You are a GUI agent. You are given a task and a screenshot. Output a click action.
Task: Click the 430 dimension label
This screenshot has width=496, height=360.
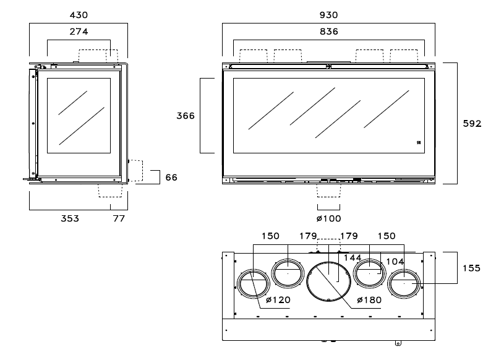coord(79,14)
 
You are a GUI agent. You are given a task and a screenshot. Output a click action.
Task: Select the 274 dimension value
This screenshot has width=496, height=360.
coord(79,32)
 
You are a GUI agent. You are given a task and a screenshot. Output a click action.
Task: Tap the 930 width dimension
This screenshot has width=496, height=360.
coord(330,14)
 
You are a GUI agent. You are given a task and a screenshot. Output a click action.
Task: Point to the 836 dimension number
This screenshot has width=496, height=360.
coord(330,32)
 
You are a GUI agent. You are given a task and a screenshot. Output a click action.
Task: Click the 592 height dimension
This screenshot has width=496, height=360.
coord(472,124)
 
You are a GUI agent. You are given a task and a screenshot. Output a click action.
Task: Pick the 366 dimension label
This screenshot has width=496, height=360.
coord(186,116)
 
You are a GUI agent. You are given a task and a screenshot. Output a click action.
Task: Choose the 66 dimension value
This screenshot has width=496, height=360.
coord(171,177)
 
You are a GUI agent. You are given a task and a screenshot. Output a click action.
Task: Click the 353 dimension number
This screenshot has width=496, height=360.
coord(69,218)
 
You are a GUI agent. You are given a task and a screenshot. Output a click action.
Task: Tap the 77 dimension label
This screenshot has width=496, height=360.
coord(118,218)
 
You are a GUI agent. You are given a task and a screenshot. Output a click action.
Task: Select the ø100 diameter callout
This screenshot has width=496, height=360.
coord(328,218)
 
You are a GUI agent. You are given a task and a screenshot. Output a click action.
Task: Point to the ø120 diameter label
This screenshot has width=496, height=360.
coord(278,300)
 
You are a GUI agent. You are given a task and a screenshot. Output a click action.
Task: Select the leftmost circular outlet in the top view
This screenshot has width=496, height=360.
coord(253,284)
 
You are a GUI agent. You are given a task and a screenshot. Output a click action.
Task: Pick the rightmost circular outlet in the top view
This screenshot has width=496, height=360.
coord(404,284)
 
